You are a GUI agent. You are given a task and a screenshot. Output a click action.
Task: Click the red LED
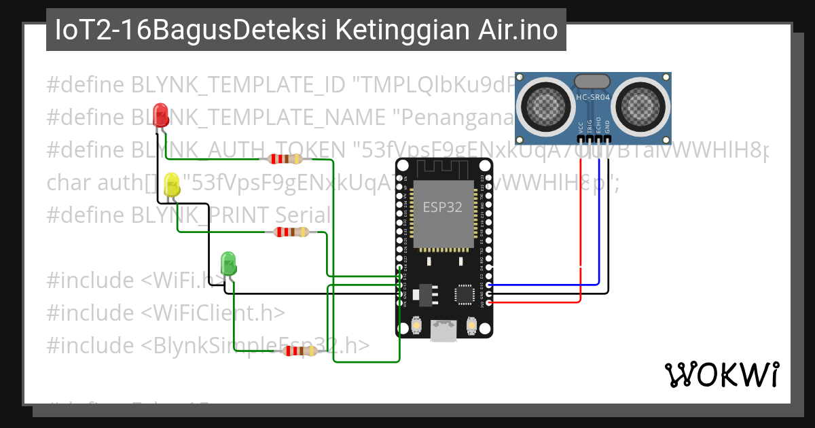161,114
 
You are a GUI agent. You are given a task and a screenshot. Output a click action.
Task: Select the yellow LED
173,185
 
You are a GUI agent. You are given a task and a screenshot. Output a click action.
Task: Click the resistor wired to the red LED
285,159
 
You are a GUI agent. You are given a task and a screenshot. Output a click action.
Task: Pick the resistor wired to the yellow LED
291,232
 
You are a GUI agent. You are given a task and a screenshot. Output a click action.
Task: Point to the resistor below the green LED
300,351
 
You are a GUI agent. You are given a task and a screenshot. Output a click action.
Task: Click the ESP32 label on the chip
443,207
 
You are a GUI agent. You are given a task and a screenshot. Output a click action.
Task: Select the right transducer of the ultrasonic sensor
640,103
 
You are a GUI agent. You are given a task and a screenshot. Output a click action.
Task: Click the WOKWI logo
721,374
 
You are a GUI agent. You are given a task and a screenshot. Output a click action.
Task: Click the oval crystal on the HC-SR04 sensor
592,81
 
